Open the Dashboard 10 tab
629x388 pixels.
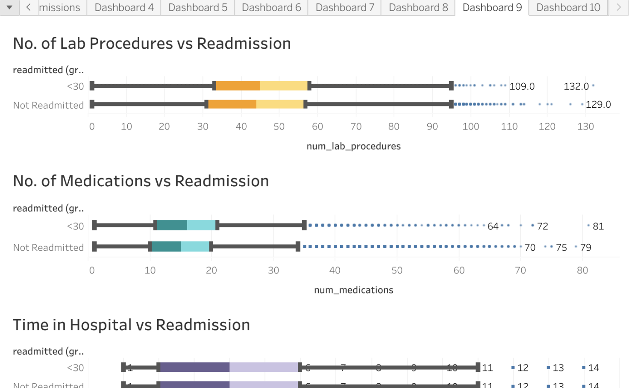coord(568,8)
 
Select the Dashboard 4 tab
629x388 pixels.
coord(124,8)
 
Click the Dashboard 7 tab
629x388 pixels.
coord(344,8)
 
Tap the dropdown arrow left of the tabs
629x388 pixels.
coord(9,7)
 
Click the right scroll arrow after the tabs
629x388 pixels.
coord(618,7)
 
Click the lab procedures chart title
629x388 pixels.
coord(152,44)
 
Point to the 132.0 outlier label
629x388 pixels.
coord(576,86)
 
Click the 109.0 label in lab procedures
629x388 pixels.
coord(522,86)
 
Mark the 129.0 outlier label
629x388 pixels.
coord(598,104)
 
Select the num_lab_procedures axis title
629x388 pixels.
coord(353,146)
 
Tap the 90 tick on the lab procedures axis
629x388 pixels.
coord(432,126)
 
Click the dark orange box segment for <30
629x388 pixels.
coord(238,86)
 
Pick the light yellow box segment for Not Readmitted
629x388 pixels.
coord(279,104)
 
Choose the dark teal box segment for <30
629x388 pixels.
coord(172,225)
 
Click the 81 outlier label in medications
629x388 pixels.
coord(598,226)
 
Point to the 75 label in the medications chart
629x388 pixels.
coord(561,247)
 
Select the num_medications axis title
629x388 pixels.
coord(353,290)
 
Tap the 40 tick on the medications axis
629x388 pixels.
coord(335,270)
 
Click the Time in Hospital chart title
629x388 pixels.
coord(131,325)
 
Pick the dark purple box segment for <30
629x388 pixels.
coord(194,367)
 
